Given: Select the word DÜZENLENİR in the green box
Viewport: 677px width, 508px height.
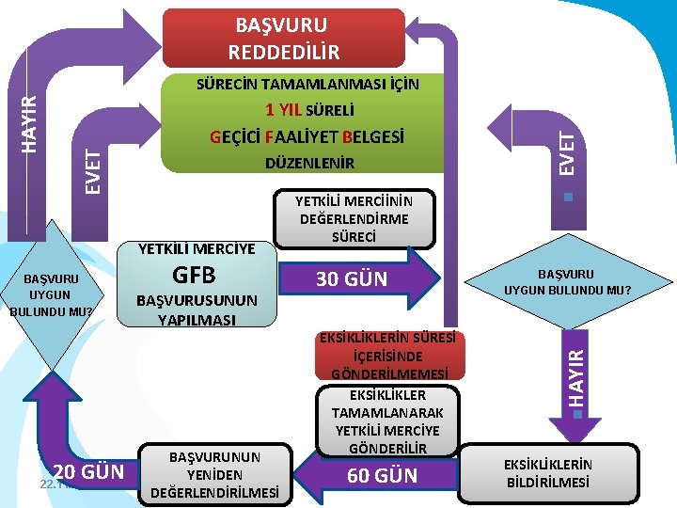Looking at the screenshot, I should click(x=307, y=164).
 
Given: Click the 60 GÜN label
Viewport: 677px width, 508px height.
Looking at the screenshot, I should click(x=382, y=476).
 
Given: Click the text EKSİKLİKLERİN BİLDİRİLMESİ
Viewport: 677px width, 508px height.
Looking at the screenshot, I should click(x=548, y=473).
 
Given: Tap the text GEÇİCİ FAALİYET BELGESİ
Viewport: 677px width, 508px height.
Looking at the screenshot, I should click(x=307, y=136).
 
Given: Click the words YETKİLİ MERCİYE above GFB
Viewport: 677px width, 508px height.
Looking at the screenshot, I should click(x=197, y=249).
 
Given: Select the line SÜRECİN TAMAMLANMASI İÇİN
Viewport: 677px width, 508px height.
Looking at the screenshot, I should click(x=307, y=84).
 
